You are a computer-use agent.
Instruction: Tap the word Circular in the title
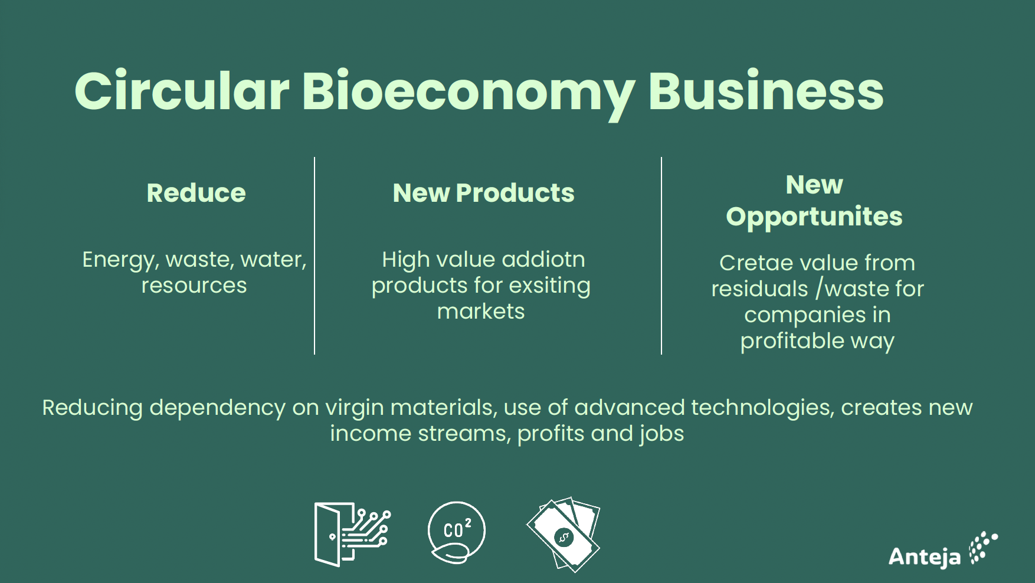coord(182,91)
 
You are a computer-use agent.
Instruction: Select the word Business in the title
coord(766,91)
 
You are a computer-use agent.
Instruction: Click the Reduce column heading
coord(196,193)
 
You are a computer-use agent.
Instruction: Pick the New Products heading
coord(483,193)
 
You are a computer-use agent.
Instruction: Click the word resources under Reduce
coord(194,286)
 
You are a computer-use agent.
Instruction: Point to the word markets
coord(481,311)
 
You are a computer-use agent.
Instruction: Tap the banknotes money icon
coord(564,535)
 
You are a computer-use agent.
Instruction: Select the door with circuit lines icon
coord(352,534)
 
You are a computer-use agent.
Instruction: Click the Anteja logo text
coord(925,556)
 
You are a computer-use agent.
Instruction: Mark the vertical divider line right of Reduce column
coord(315,256)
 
